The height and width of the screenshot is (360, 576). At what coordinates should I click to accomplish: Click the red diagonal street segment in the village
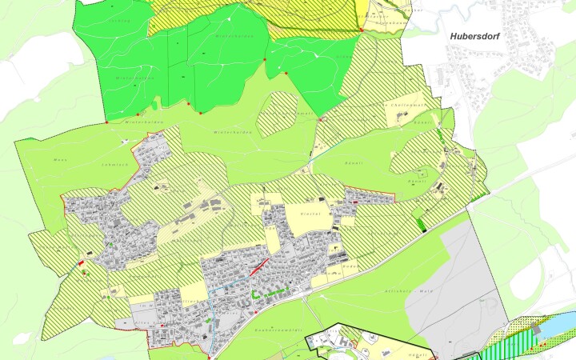tap(257, 268)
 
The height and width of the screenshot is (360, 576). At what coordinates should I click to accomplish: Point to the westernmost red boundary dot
tap(106, 123)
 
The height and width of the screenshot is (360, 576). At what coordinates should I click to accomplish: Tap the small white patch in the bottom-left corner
tap(22, 338)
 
